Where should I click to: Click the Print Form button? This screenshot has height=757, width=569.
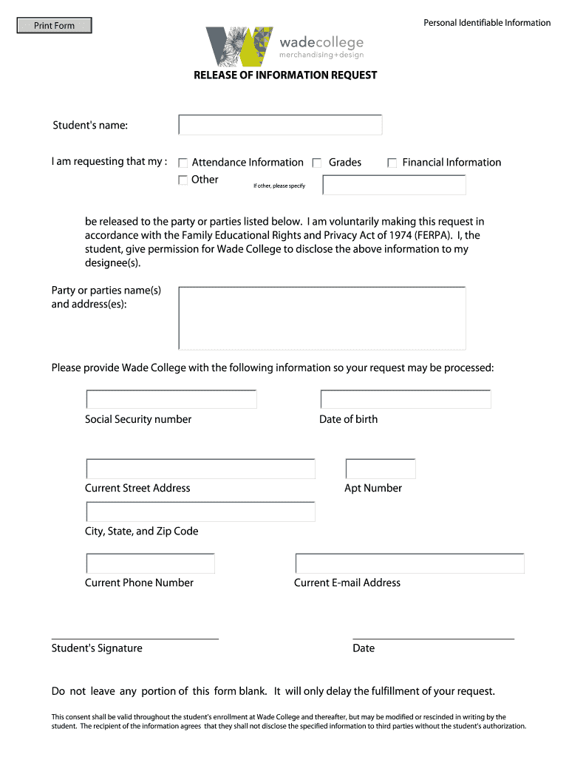pyautogui.click(x=55, y=26)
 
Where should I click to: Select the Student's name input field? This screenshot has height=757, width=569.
pyautogui.click(x=280, y=125)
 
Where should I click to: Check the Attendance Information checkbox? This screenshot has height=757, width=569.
pyautogui.click(x=183, y=163)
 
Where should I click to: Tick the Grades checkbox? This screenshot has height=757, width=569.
pyautogui.click(x=317, y=163)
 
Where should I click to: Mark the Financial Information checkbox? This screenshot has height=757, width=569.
pyautogui.click(x=392, y=163)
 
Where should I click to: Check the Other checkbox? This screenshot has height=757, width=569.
pyautogui.click(x=183, y=180)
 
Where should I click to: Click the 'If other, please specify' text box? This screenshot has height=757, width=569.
pyautogui.click(x=395, y=185)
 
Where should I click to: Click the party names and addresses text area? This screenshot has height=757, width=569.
pyautogui.click(x=322, y=318)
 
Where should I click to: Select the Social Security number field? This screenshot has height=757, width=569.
pyautogui.click(x=171, y=399)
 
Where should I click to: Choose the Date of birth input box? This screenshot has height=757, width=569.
pyautogui.click(x=406, y=399)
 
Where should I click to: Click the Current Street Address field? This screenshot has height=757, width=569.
pyautogui.click(x=201, y=469)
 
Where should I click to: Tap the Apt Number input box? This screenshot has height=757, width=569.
pyautogui.click(x=381, y=469)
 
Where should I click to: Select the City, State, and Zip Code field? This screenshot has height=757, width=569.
pyautogui.click(x=201, y=512)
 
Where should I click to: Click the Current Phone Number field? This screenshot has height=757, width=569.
pyautogui.click(x=151, y=563)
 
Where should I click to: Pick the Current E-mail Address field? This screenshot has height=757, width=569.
pyautogui.click(x=410, y=563)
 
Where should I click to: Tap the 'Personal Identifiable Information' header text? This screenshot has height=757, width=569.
pyautogui.click(x=487, y=23)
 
